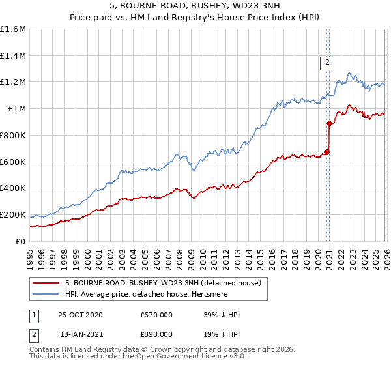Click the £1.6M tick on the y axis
coord(13,29)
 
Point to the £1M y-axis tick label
coord(16,109)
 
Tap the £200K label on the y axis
coord(13,214)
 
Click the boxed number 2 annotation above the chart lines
coord(326,63)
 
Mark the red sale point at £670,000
coord(326,153)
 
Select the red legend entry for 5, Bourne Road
coord(163,283)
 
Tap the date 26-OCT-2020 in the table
coord(81,315)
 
